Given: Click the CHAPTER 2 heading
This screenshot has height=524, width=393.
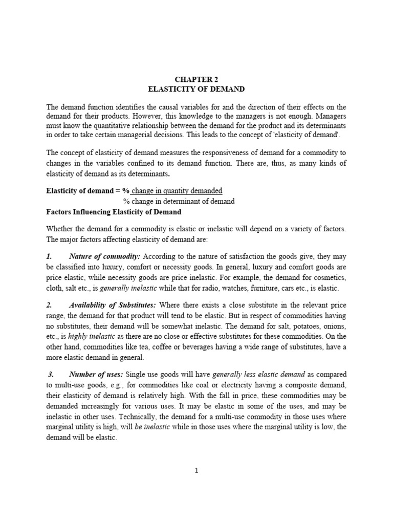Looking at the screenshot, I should [x=196, y=79].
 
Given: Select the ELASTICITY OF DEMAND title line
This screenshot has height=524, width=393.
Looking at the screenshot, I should [x=196, y=89].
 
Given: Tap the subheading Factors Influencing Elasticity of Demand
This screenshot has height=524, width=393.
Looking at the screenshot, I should [x=114, y=212].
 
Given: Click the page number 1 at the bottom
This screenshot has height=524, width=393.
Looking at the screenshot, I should [x=196, y=471].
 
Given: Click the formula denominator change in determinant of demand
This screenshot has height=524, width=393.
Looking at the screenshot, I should [x=179, y=201].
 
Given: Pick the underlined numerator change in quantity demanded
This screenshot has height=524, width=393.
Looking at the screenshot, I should [x=177, y=191].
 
